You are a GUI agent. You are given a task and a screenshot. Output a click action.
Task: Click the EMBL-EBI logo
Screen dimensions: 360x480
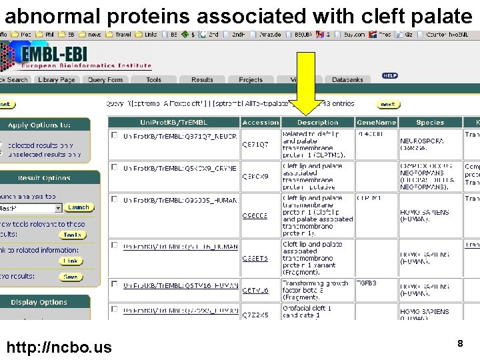click(x=77, y=57)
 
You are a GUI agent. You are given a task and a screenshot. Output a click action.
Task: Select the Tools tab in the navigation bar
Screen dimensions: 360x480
click(x=153, y=79)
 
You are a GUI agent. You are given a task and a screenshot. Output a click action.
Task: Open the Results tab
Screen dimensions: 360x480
click(x=202, y=79)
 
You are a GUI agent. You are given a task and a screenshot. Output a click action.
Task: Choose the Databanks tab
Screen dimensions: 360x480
click(x=347, y=79)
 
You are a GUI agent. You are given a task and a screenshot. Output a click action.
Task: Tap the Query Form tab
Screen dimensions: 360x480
click(x=105, y=79)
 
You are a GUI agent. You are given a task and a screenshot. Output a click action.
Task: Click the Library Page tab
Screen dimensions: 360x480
click(x=57, y=79)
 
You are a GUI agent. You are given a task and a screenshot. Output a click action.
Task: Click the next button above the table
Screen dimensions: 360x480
click(x=388, y=104)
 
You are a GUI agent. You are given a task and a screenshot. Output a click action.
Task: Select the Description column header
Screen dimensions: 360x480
click(x=317, y=123)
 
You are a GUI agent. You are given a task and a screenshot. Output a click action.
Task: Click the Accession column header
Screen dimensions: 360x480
click(x=260, y=123)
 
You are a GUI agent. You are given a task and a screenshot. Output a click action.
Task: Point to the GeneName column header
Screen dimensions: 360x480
click(x=376, y=123)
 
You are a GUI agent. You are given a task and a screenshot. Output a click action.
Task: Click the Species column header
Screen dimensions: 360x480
click(x=430, y=123)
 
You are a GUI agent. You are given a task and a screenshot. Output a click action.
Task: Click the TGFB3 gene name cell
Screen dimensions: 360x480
click(x=367, y=283)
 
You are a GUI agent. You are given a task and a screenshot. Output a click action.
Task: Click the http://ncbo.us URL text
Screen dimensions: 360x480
click(x=59, y=347)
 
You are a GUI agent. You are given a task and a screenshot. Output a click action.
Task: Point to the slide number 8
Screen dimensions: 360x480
click(x=459, y=343)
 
